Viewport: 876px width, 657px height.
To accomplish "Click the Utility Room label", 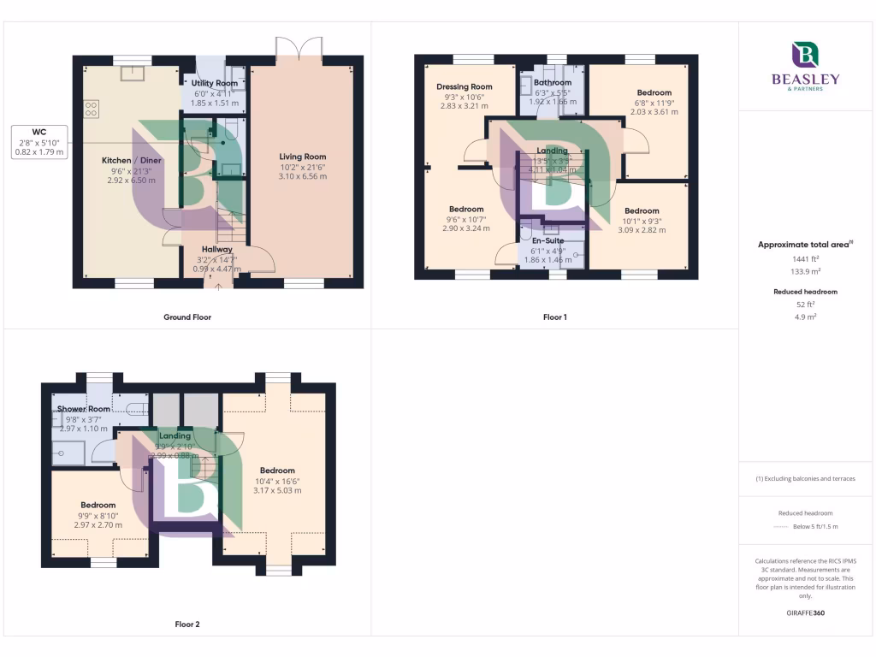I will click(x=214, y=83).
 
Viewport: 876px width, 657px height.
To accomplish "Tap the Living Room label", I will click(x=303, y=157).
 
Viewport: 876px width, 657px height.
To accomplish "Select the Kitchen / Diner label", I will click(x=132, y=161).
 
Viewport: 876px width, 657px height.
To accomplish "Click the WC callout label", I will click(x=40, y=132).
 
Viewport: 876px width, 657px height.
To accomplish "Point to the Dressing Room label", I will click(x=465, y=86).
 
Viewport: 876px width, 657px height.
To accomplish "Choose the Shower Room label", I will click(x=84, y=409).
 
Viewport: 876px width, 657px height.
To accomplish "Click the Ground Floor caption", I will click(x=187, y=317).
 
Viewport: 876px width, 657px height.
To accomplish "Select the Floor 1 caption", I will click(x=555, y=317).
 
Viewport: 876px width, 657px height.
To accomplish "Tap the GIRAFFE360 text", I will click(x=806, y=613).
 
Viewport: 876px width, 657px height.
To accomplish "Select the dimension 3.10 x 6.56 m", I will click(x=303, y=176).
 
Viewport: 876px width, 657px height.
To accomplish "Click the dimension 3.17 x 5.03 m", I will click(x=278, y=491).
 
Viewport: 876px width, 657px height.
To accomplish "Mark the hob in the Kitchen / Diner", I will click(x=91, y=109).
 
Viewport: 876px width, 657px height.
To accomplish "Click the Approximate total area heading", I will click(x=805, y=245).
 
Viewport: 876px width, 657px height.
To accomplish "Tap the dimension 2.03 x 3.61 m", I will click(x=654, y=112).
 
